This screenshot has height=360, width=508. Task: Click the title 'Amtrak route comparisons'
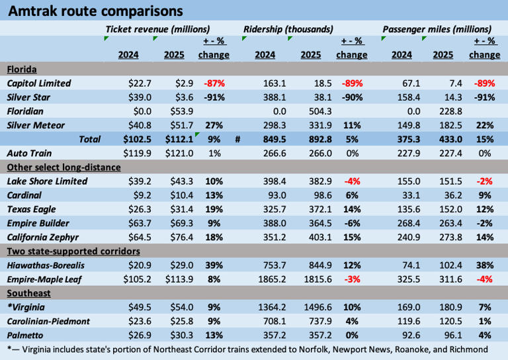pos(96,11)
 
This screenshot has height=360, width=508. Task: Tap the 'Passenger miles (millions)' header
pos(437,29)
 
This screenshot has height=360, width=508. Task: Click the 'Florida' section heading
pos(21,69)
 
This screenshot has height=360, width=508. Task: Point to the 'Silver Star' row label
pos(30,97)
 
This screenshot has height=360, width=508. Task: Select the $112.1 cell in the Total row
pos(179,139)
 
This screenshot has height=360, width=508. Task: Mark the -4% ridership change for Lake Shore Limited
pos(351,181)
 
